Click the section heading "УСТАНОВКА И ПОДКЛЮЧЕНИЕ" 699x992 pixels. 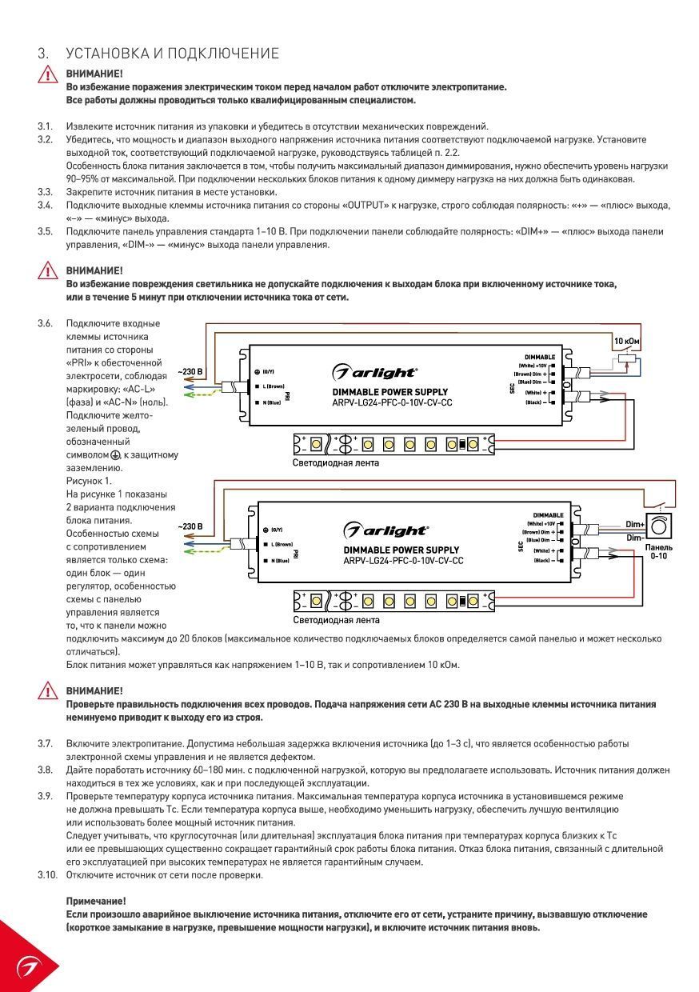(x=172, y=54)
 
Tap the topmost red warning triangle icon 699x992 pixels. (x=47, y=74)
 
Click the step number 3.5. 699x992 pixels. (x=45, y=232)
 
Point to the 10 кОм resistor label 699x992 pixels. (x=626, y=341)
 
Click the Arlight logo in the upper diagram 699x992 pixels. (x=374, y=372)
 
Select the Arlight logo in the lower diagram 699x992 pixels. (x=385, y=530)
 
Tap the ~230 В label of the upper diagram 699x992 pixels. (x=190, y=371)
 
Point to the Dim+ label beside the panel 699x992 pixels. (x=635, y=524)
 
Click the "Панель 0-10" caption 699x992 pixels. (x=659, y=552)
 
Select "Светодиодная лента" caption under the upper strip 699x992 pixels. (x=336, y=462)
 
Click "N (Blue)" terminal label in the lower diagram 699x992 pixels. (x=280, y=561)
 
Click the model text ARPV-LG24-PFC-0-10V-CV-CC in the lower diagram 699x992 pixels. (x=403, y=561)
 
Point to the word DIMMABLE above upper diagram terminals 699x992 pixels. (x=540, y=357)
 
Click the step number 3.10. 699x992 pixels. (x=47, y=874)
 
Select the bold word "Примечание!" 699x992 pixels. (x=96, y=901)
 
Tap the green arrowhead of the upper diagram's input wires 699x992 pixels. (x=189, y=394)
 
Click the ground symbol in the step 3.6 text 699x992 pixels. (x=115, y=455)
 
